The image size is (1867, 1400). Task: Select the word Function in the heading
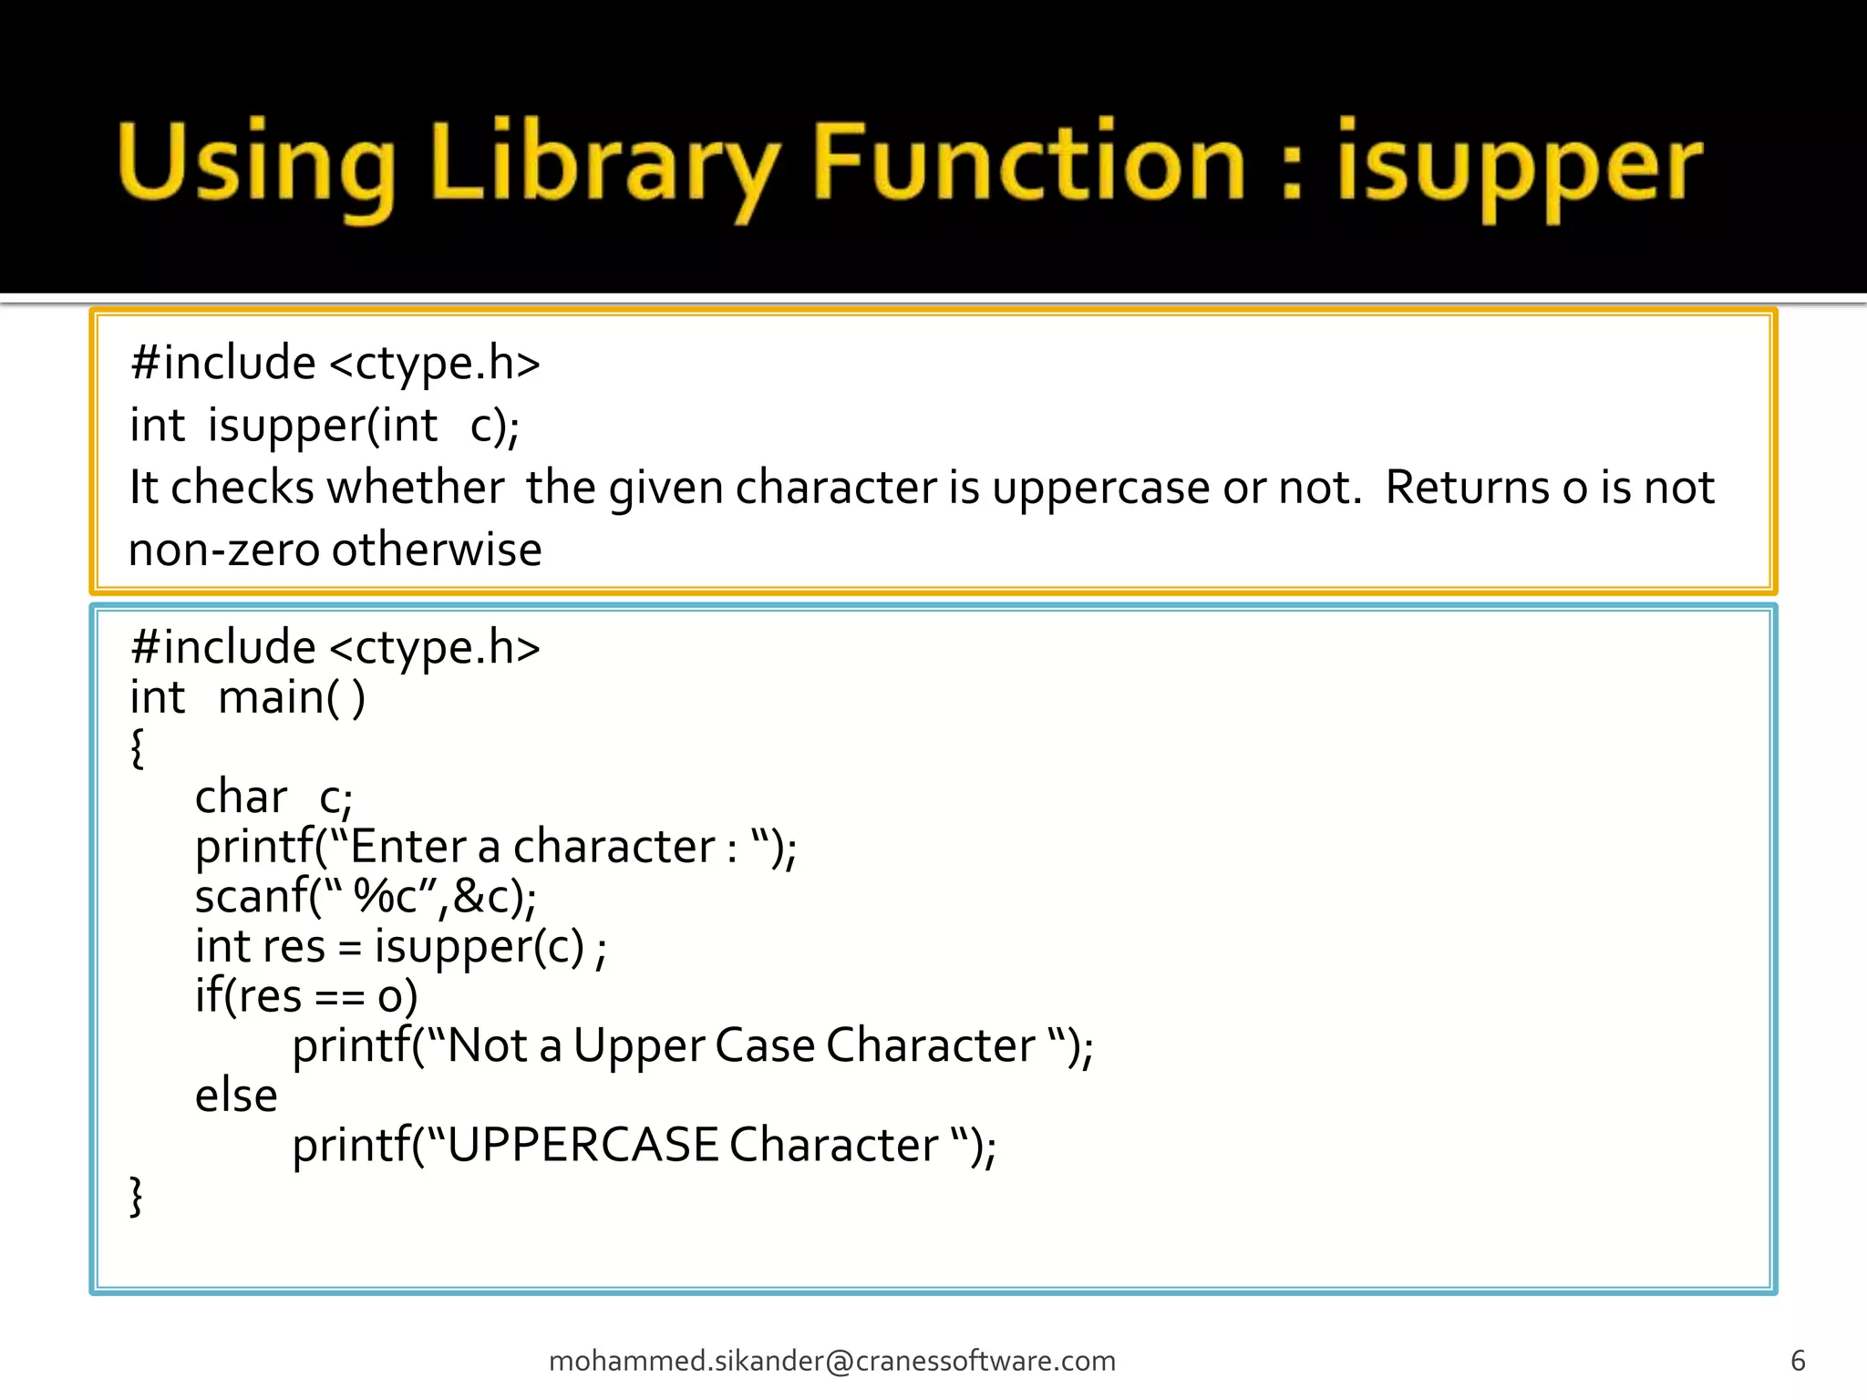tap(1028, 162)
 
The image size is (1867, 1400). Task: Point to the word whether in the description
tap(416, 487)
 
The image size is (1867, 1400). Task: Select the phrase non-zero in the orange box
tap(223, 550)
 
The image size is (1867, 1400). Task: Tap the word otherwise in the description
tap(437, 550)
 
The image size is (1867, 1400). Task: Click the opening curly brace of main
tap(138, 747)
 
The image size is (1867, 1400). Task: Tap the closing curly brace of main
tap(138, 1196)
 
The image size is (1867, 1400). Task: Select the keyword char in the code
tap(241, 798)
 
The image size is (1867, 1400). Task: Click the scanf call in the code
tap(251, 897)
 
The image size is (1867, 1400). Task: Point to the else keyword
tap(236, 1096)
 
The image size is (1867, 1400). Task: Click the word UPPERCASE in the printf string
tap(583, 1145)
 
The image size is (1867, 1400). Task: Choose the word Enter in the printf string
tap(407, 847)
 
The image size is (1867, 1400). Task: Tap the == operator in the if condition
tap(339, 997)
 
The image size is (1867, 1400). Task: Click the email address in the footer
tap(832, 1361)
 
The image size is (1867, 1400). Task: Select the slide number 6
tap(1798, 1361)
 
